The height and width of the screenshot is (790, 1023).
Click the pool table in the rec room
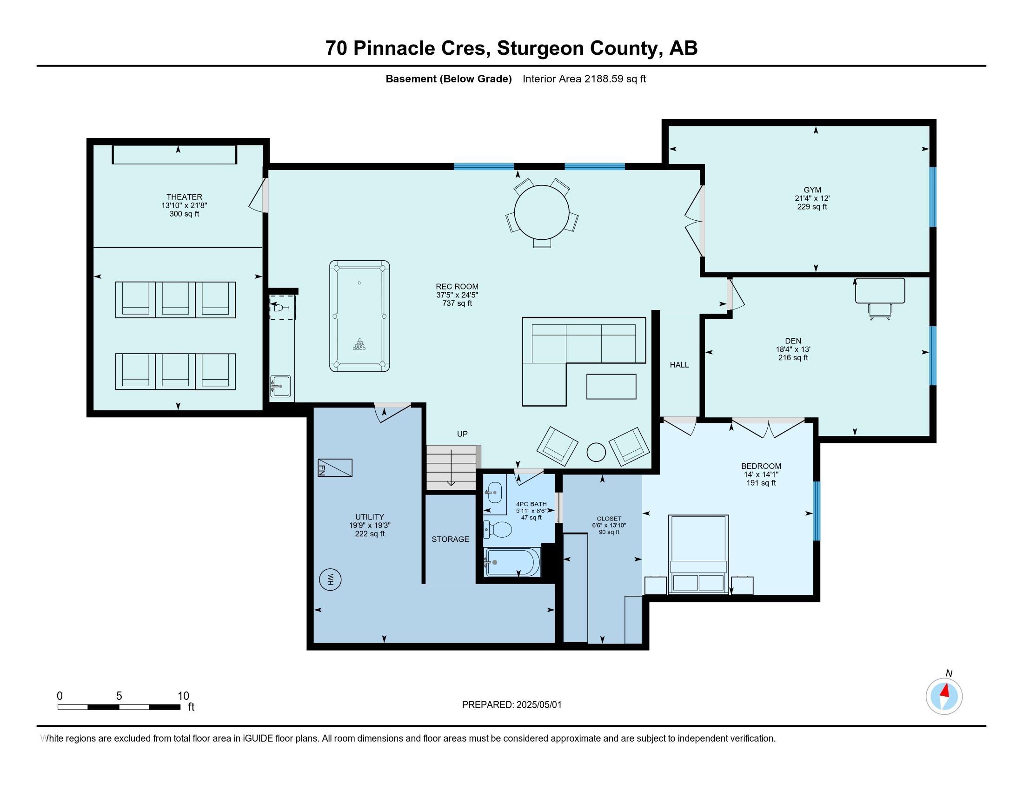359,316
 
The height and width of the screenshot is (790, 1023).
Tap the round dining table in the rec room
541,212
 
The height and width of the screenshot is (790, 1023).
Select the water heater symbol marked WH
330,580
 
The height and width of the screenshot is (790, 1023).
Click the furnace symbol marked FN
335,467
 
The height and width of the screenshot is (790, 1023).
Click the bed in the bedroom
698,554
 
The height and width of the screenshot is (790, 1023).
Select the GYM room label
812,190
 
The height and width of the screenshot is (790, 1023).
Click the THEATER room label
184,197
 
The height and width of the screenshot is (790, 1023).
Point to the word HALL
679,365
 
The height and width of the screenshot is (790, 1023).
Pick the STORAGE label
450,539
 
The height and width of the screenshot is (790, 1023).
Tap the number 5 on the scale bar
119,696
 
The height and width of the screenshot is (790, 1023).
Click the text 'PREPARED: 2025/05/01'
511,705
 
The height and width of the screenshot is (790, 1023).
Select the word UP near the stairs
462,434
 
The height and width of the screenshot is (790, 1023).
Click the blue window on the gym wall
933,197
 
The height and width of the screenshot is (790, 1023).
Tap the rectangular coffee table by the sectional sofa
611,387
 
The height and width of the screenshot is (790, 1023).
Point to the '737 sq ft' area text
457,303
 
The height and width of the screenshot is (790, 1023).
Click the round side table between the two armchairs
596,452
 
